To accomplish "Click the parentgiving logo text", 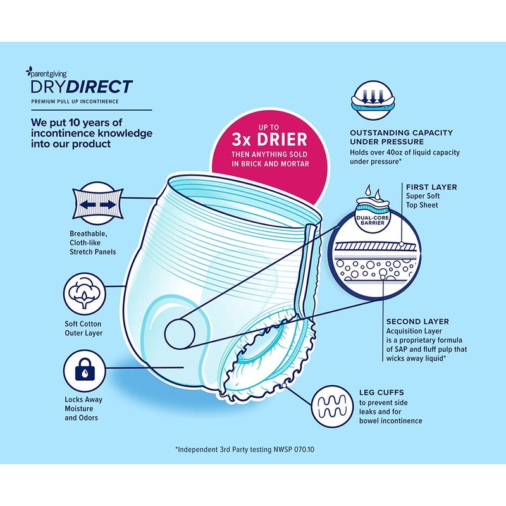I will coord(50,72).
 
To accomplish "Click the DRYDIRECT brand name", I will coord(82,87).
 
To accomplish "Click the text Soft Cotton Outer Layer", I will coord(83,328).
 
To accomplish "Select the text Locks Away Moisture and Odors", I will coord(83,409).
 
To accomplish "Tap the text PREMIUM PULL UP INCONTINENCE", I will coord(75,101).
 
